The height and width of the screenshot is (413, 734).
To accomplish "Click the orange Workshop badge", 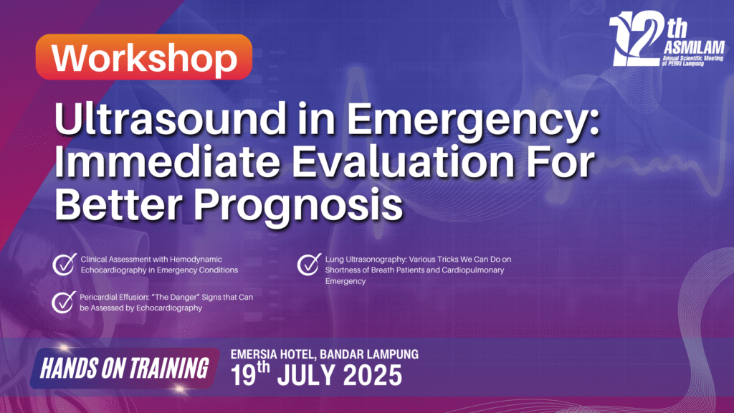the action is (x=143, y=57).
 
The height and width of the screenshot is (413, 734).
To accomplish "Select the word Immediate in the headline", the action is (x=166, y=161).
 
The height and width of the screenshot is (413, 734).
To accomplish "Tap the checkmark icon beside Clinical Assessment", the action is (x=65, y=264).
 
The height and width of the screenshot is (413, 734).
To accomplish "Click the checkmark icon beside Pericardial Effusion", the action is (x=64, y=302).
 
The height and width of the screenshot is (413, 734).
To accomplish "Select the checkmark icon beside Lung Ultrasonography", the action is (x=309, y=264).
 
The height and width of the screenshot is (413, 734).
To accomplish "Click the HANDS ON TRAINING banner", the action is (x=125, y=368).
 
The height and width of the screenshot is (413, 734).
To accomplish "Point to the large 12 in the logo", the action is (x=637, y=39).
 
